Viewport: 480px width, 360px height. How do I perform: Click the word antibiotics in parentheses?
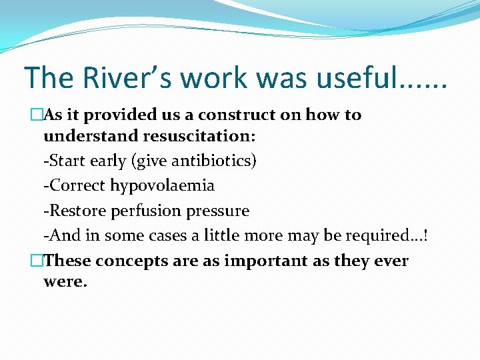pos(212,161)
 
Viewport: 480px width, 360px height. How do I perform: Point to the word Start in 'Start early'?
pos(65,161)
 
